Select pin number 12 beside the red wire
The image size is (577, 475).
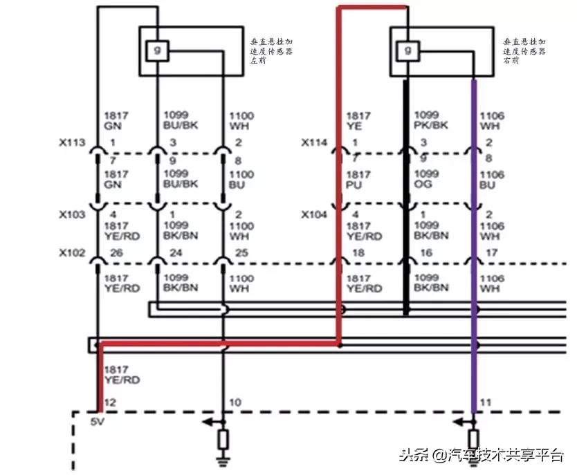109,402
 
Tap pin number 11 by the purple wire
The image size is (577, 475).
486,402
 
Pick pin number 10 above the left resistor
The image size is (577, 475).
235,402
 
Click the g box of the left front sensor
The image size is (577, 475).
157,50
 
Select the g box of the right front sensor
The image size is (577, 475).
407,50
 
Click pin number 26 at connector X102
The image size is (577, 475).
116,253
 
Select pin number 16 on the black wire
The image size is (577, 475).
426,253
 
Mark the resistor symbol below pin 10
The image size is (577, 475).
223,440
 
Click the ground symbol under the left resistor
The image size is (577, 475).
223,460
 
